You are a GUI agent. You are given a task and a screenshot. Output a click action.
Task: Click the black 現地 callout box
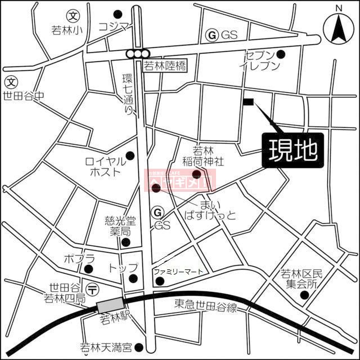coord(292,150)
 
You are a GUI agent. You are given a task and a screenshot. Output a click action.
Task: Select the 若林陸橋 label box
coord(165,66)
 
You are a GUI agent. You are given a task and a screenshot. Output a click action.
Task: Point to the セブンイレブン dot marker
coord(281,54)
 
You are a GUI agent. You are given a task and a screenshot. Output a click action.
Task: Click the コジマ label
coord(114,26)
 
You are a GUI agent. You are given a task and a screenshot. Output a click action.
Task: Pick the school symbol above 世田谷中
coord(10,82)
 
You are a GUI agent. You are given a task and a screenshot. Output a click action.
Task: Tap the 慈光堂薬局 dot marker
coord(125,242)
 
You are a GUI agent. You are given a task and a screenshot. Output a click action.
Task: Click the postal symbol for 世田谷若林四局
coord(94,289)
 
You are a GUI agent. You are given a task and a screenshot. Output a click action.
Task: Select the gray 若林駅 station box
coord(109,306)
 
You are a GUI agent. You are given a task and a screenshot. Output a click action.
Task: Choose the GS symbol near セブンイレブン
coord(213,35)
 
